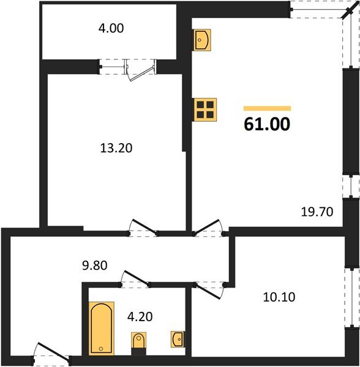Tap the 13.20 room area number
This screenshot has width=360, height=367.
coord(116,147)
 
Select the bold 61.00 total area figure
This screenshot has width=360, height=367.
coord(266,124)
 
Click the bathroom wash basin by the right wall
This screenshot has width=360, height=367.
coord(178,338)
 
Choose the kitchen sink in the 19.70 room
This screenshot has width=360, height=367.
coord(201,40)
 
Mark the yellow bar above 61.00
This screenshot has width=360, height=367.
coord(267,108)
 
